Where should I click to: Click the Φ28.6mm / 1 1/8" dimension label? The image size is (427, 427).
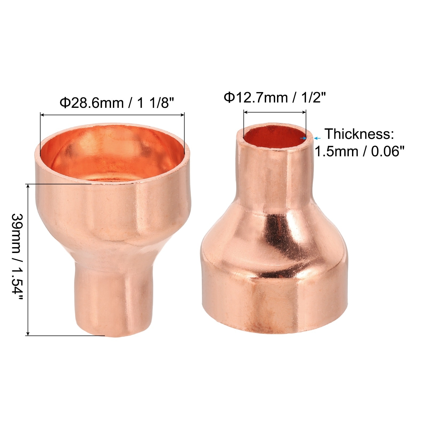click(x=117, y=103)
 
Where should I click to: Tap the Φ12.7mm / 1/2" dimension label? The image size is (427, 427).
click(x=275, y=97)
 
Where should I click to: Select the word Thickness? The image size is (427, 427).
click(x=359, y=134)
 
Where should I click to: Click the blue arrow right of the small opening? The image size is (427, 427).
click(x=317, y=138)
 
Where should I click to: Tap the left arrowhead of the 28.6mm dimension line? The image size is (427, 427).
click(x=42, y=115)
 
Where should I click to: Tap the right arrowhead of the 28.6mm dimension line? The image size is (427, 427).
click(x=182, y=115)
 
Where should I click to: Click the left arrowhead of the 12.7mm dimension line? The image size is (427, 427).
click(x=246, y=112)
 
